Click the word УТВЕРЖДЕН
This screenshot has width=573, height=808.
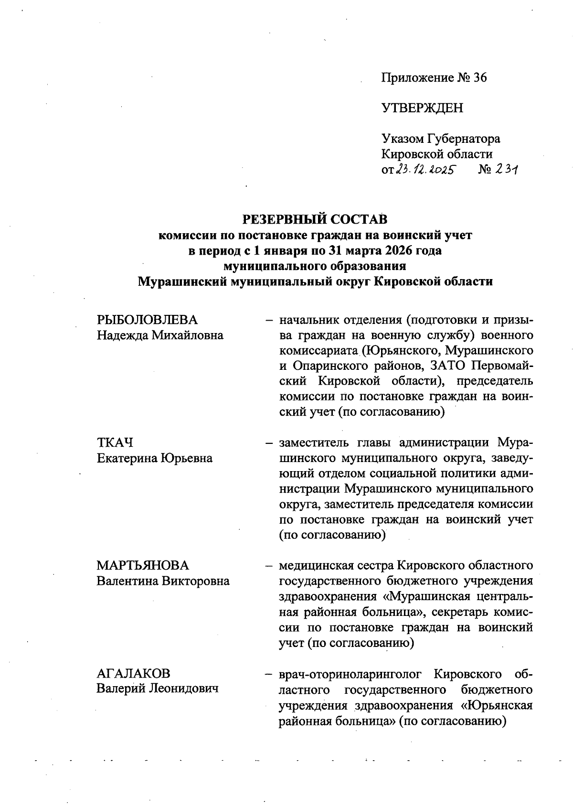[422, 108]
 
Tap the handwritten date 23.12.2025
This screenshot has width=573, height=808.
[424, 170]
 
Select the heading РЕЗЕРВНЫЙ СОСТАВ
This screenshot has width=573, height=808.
[315, 219]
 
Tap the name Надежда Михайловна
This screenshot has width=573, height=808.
[160, 335]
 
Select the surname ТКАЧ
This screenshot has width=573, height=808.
[115, 442]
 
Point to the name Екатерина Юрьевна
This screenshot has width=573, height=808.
[155, 458]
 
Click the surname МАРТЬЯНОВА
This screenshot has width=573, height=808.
[143, 566]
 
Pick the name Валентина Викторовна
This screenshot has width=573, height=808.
[163, 582]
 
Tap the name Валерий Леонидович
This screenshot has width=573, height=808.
[158, 689]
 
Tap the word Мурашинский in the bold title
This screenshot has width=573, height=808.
[182, 281]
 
